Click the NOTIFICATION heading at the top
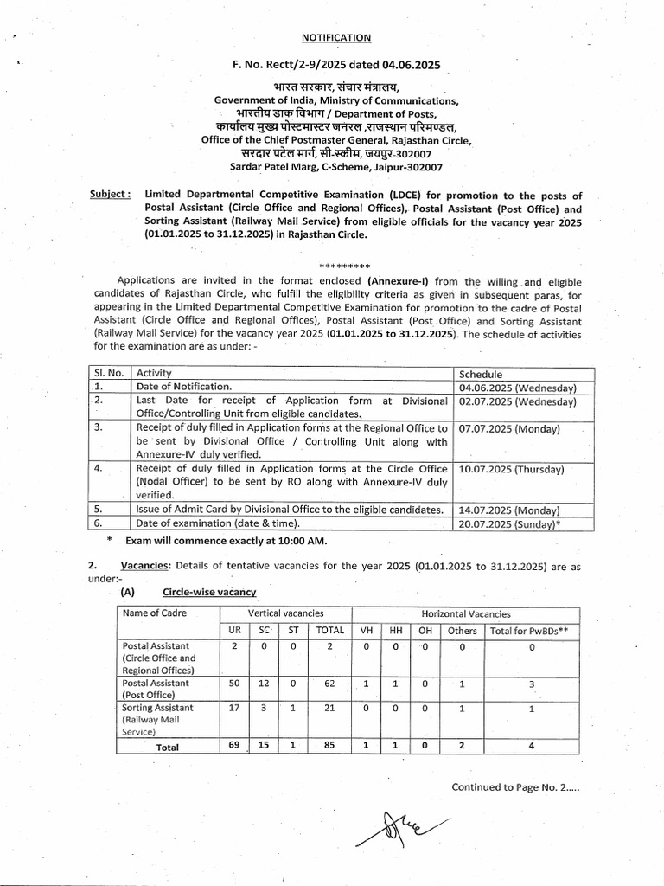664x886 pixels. click(336, 37)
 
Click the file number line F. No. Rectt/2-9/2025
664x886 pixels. click(336, 64)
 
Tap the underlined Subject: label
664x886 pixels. click(110, 196)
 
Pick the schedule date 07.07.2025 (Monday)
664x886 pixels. click(509, 428)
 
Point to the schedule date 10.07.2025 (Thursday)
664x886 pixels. click(512, 469)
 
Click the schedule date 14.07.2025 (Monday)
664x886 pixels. click(509, 510)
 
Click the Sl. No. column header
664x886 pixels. click(110, 373)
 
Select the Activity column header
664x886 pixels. click(155, 373)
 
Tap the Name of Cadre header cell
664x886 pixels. click(154, 613)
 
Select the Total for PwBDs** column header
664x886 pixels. click(529, 631)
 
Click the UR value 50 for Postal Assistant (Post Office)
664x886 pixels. click(234, 684)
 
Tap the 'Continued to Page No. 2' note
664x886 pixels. click(515, 787)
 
